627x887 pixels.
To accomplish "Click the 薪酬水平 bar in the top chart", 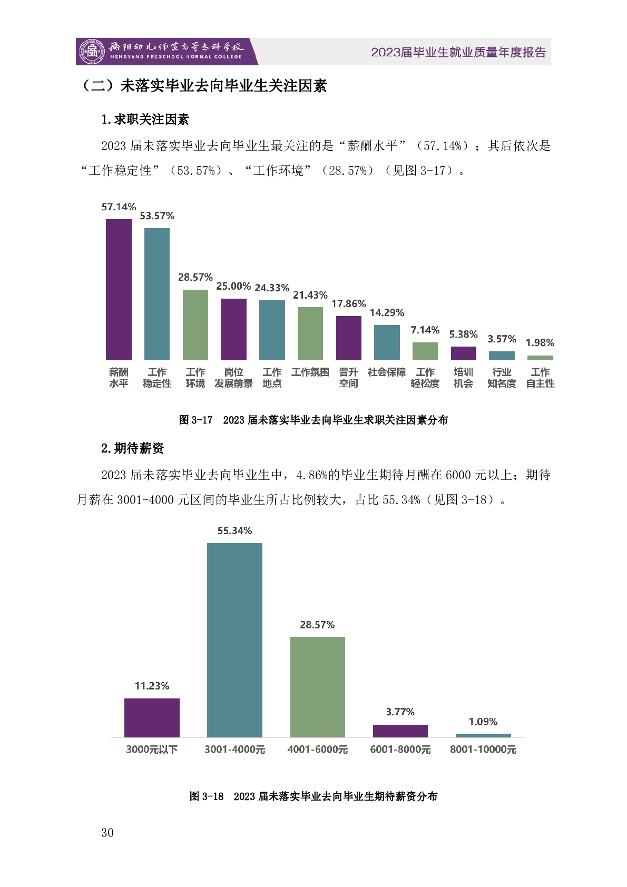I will (119, 289).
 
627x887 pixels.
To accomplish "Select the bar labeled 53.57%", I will (157, 293).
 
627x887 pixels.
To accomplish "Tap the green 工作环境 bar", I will (195, 324).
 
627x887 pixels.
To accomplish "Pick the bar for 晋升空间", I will (349, 338).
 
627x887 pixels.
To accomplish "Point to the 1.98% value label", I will (540, 343).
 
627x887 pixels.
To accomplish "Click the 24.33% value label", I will (272, 288).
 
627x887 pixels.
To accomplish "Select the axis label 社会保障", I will (387, 372).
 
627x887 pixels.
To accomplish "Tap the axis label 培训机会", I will (464, 378).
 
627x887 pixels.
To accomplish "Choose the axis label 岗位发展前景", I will (233, 378).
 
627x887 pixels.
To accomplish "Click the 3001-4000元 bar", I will (234, 640).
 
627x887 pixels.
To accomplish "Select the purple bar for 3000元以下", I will (152, 717).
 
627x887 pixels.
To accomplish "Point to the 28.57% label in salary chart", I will (317, 625).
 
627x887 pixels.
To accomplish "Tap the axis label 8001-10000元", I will (483, 750).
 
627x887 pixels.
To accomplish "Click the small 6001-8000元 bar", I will (400, 731).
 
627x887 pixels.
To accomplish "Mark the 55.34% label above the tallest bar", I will (234, 531).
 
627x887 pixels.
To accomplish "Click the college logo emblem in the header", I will (92, 52).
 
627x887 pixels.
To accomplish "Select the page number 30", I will (107, 833).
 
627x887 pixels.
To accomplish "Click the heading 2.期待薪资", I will (133, 448).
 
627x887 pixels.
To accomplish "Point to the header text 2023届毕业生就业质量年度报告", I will (458, 52).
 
